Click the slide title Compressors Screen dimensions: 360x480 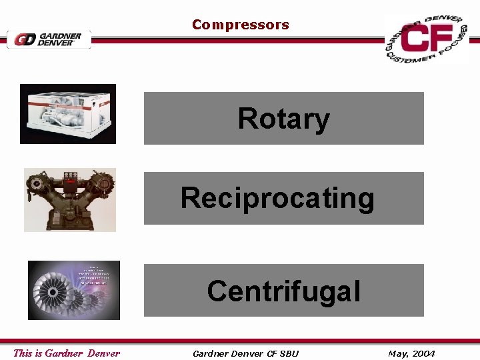240,25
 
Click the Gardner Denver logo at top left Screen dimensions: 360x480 49,39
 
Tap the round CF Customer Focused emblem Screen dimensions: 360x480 426,39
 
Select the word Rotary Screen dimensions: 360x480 283,119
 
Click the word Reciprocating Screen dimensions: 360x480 277,198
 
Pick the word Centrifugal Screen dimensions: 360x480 283,291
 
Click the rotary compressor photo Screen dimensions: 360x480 68,113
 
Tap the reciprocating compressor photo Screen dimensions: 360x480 70,199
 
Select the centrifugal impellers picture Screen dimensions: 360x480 74,290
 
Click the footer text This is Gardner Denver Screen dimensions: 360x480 67,353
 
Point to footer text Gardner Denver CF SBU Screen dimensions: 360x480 245,353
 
